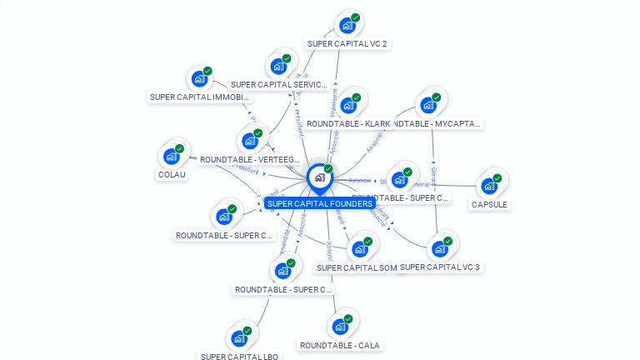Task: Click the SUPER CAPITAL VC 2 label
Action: coord(347,43)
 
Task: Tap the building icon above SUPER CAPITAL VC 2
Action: coord(347,25)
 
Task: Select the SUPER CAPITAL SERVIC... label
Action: coord(279,84)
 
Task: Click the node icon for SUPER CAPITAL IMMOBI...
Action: coord(199,79)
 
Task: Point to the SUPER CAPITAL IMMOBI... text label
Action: coord(199,97)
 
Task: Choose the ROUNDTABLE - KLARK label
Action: coord(348,123)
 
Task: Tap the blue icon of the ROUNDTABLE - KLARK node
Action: coord(348,105)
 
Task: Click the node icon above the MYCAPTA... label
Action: coord(428,105)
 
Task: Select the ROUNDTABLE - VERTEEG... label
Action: coord(250,159)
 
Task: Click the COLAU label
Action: coord(172,175)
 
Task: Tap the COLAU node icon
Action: coord(171,156)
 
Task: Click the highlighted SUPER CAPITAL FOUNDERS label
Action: coord(320,203)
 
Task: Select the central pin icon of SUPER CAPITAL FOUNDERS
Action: coord(319,177)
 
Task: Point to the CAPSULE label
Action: coord(489,204)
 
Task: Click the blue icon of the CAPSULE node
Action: coord(489,185)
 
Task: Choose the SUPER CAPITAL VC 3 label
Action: coord(440,267)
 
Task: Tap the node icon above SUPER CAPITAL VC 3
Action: coord(439,248)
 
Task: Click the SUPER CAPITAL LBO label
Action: coord(240,357)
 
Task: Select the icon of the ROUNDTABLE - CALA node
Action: coord(340,326)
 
